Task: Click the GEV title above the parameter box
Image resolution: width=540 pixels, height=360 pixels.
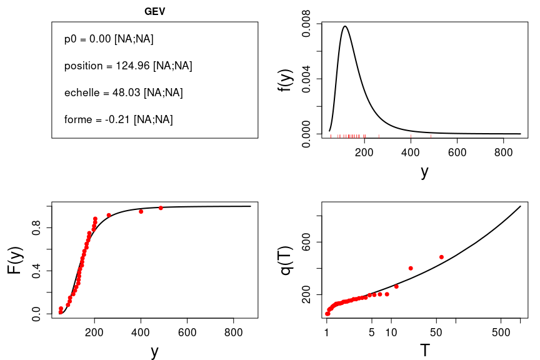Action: pyautogui.click(x=154, y=11)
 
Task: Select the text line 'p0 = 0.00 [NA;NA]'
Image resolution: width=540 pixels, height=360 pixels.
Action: pyautogui.click(x=109, y=39)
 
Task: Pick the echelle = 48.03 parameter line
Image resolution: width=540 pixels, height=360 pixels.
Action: pyautogui.click(x=123, y=92)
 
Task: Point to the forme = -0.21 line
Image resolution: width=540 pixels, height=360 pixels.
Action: pyautogui.click(x=118, y=119)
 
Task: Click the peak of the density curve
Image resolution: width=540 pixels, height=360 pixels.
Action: pyautogui.click(x=345, y=26)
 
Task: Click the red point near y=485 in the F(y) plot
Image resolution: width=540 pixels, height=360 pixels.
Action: pyautogui.click(x=161, y=207)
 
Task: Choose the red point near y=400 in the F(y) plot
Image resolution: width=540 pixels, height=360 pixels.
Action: pyautogui.click(x=141, y=211)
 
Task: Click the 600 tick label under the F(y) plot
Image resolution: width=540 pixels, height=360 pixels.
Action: pyautogui.click(x=187, y=332)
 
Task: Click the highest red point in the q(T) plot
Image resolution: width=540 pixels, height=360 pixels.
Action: pyautogui.click(x=441, y=257)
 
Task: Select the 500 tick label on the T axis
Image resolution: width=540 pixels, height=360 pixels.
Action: pyautogui.click(x=501, y=332)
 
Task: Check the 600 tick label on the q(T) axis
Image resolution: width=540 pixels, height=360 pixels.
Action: pyautogui.click(x=306, y=242)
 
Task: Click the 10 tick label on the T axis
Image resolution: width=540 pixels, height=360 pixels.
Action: pyautogui.click(x=391, y=332)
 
